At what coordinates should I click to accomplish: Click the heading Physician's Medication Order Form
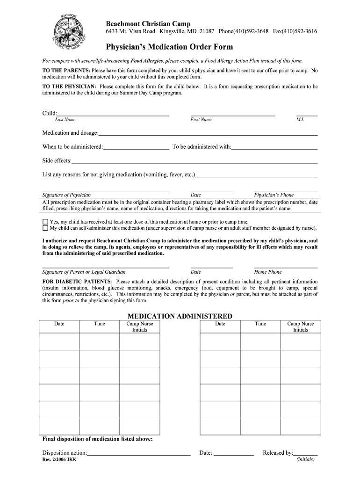click(169, 47)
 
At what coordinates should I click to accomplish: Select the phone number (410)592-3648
click(243, 31)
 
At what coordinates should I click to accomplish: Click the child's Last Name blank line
click(113, 115)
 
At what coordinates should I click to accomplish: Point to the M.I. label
click(300, 120)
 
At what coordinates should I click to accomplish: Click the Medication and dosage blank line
click(208, 134)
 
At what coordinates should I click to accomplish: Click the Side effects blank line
click(194, 162)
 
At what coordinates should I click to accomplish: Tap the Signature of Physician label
click(66, 195)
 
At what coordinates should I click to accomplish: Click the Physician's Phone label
click(274, 195)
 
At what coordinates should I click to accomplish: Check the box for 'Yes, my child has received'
click(45, 222)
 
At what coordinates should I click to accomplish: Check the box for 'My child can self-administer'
click(45, 228)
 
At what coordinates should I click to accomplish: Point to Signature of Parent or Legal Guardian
click(84, 272)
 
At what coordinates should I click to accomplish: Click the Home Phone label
click(268, 272)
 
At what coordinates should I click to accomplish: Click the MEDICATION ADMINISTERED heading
click(180, 316)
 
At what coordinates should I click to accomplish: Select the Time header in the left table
click(100, 324)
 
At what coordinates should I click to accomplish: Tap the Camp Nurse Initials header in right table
click(301, 327)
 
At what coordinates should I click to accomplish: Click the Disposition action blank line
click(139, 454)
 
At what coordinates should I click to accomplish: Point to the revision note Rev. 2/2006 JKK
click(59, 460)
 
